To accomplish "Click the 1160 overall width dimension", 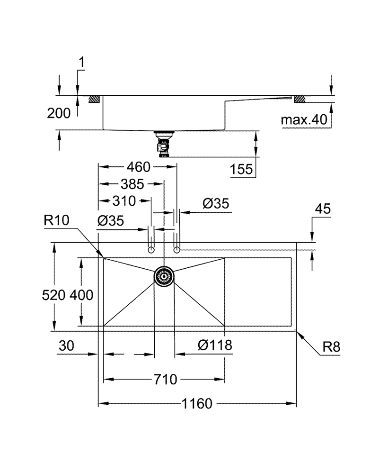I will click(x=196, y=404).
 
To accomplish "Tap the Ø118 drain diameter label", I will click(x=215, y=345).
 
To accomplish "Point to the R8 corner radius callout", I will click(x=331, y=347).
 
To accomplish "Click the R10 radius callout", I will click(x=56, y=220).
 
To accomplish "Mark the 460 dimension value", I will click(x=137, y=167).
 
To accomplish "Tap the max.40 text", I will click(x=304, y=120).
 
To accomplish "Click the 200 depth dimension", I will click(x=59, y=113).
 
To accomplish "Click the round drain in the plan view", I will click(x=164, y=275).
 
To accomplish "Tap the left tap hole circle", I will click(x=151, y=249).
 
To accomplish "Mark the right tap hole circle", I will click(x=177, y=249).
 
